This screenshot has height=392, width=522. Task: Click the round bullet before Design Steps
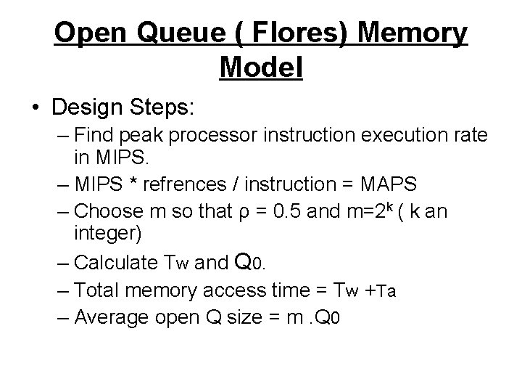click(x=37, y=108)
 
